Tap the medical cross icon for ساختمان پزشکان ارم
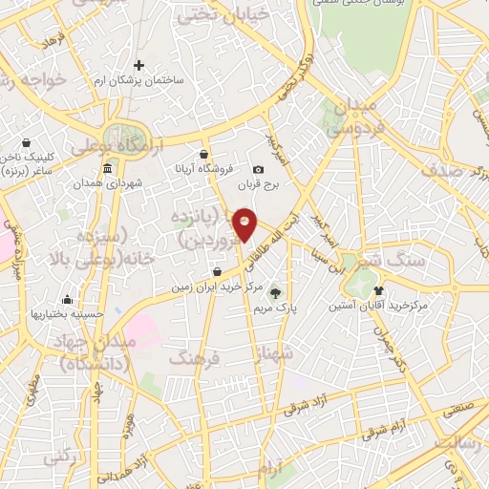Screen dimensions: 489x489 pyautogui.click(x=139, y=65)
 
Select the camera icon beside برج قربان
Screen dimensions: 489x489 pyautogui.click(x=259, y=169)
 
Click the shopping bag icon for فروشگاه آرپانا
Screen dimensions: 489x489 pyautogui.click(x=203, y=153)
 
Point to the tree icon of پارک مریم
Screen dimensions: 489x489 pyautogui.click(x=276, y=293)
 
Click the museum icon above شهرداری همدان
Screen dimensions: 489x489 pyautogui.click(x=106, y=168)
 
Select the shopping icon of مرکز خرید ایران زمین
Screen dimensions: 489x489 pyautogui.click(x=218, y=271)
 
